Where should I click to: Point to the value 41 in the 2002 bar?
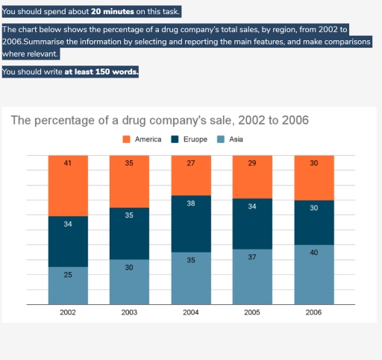(x=68, y=162)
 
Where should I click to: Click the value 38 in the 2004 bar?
(x=190, y=203)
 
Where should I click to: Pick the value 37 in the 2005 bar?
(x=251, y=256)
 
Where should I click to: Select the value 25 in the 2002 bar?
(x=68, y=275)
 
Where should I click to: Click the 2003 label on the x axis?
(x=129, y=312)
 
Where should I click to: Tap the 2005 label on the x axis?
(x=251, y=312)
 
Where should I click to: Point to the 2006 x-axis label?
(x=313, y=312)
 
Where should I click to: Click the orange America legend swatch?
(x=126, y=139)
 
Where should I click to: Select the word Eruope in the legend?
(x=195, y=139)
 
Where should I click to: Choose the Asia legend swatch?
(x=221, y=139)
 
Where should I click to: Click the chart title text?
(x=160, y=121)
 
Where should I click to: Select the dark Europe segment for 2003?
(x=129, y=233)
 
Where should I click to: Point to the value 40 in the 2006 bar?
(x=313, y=253)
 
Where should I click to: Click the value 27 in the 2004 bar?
(x=190, y=162)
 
